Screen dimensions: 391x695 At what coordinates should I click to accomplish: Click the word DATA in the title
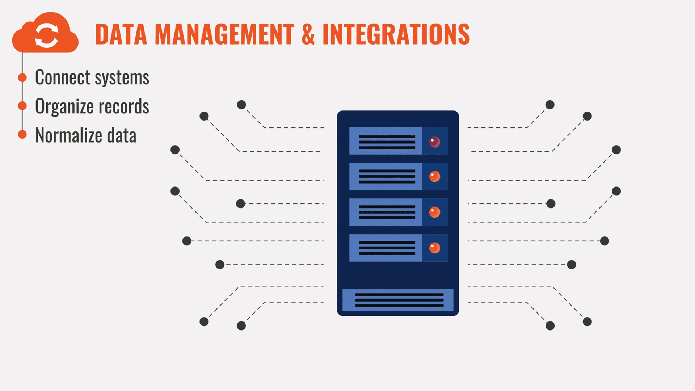(121, 34)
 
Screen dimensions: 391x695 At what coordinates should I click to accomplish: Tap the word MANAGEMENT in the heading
(224, 34)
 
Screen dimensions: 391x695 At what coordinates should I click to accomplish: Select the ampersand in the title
(308, 34)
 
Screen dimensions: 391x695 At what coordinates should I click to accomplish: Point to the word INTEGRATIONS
(396, 34)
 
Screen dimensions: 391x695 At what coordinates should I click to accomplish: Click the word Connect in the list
(62, 77)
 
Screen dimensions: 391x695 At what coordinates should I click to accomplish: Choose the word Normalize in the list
(68, 135)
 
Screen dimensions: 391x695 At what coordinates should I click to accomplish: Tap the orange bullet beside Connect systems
(22, 77)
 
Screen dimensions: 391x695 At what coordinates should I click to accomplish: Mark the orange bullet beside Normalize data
(22, 134)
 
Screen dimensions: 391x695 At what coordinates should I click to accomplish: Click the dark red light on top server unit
(434, 142)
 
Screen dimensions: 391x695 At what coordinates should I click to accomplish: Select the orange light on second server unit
(434, 176)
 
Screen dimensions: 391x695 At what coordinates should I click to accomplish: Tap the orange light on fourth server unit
(434, 248)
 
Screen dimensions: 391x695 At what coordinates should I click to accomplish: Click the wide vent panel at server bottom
(398, 300)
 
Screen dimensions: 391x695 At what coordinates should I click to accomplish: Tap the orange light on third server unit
(434, 212)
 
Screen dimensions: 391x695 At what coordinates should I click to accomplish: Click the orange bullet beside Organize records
(22, 106)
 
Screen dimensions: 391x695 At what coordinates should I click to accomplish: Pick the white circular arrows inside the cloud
(47, 35)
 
